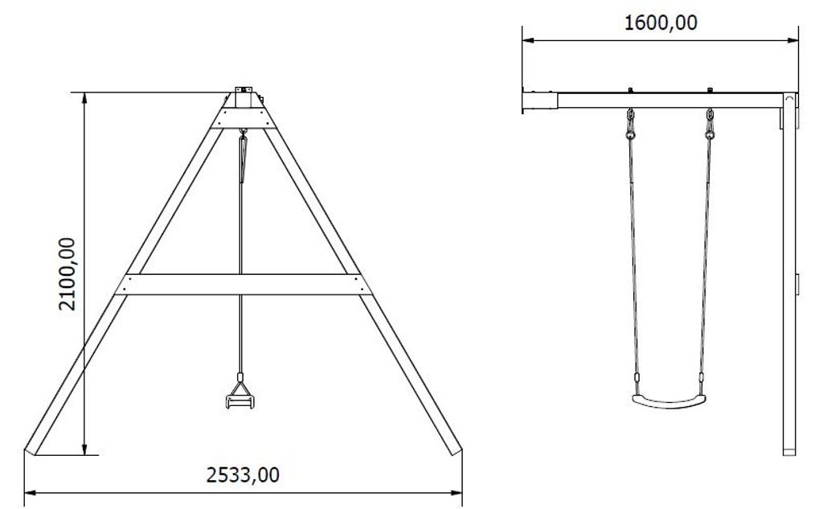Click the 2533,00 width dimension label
point(243,475)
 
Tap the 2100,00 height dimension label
point(68,273)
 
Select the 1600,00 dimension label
point(661,23)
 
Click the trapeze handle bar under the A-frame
point(240,402)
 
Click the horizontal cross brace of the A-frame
point(243,284)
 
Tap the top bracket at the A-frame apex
point(243,97)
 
